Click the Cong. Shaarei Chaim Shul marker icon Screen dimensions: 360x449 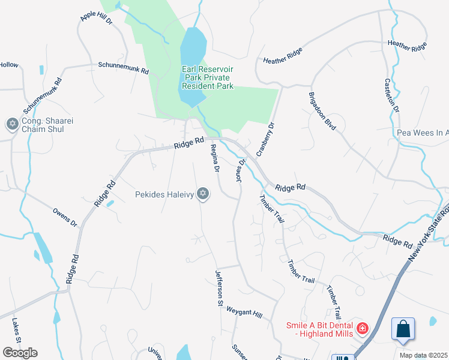pyautogui.click(x=12, y=124)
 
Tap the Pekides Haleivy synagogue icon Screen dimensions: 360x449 pyautogui.click(x=203, y=193)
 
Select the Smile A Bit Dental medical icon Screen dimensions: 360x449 pyautogui.click(x=362, y=328)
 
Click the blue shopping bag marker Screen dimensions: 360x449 pyautogui.click(x=403, y=329)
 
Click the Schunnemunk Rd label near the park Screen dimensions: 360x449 pyautogui.click(x=123, y=70)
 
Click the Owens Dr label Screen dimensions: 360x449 pyautogui.click(x=65, y=217)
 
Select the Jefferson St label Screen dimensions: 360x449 pyautogui.click(x=219, y=289)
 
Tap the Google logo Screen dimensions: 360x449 pyautogui.click(x=19, y=353)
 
